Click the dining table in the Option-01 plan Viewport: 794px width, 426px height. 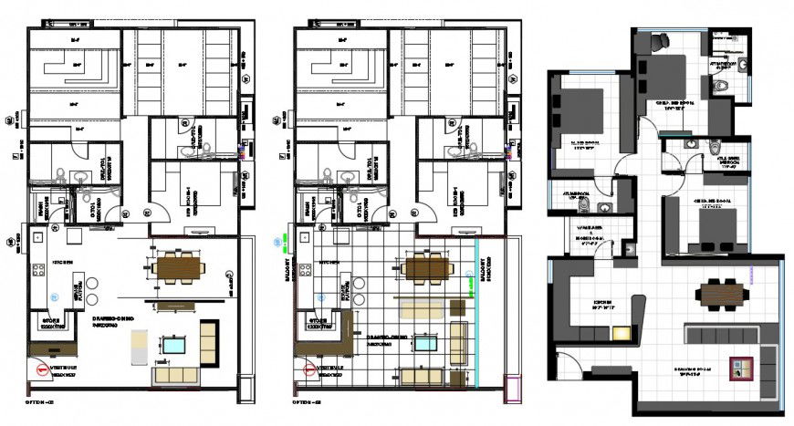point(177,267)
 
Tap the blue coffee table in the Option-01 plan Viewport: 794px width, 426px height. point(173,346)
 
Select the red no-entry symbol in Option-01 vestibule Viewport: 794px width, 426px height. point(41,369)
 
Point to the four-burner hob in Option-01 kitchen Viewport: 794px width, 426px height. point(39,270)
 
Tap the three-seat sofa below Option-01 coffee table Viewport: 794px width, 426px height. point(175,374)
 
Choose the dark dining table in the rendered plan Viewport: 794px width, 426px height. point(722,294)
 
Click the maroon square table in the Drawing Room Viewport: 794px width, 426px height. point(737,369)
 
